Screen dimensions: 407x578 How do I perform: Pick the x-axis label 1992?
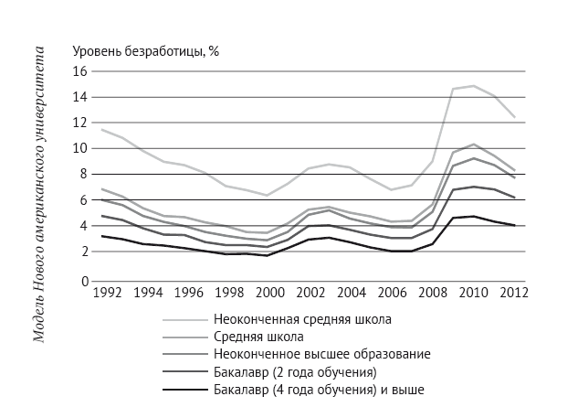tap(107, 294)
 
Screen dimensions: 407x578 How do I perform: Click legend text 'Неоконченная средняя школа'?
tap(303, 320)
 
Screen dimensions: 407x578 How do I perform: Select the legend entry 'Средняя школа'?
tap(259, 337)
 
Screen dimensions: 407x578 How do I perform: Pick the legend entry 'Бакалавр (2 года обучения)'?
tap(296, 370)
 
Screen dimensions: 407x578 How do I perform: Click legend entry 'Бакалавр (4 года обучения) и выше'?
tap(320, 388)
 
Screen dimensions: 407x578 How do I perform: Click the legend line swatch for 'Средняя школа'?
tap(183, 337)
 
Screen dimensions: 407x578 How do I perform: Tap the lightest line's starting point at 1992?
tap(101, 129)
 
